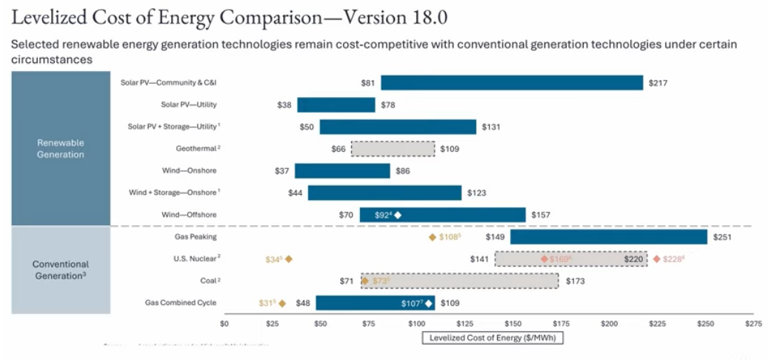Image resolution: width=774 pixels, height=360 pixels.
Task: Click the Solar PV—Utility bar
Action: (x=336, y=105)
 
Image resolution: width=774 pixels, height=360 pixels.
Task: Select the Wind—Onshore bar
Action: (x=342, y=171)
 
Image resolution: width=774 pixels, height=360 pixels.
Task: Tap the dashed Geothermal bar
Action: (x=393, y=149)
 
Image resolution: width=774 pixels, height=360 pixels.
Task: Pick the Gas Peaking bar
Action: (x=608, y=237)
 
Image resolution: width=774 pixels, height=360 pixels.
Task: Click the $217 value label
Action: (x=658, y=83)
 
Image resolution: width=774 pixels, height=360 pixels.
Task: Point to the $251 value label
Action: (x=722, y=237)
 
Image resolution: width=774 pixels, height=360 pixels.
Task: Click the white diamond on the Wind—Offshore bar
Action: (x=398, y=215)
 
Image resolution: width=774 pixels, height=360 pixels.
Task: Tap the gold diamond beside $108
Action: (x=432, y=237)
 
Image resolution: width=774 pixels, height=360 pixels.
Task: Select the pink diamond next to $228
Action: (x=657, y=259)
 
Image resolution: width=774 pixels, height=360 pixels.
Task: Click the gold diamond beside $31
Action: (x=282, y=303)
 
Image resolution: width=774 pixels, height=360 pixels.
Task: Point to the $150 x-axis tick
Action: (x=513, y=324)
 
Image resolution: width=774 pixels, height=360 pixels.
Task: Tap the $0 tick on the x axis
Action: (x=224, y=324)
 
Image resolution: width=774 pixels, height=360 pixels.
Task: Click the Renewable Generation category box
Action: (x=61, y=148)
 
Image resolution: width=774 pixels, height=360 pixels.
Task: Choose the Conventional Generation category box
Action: (x=61, y=270)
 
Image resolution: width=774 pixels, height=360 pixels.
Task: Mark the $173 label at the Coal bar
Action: (x=576, y=281)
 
